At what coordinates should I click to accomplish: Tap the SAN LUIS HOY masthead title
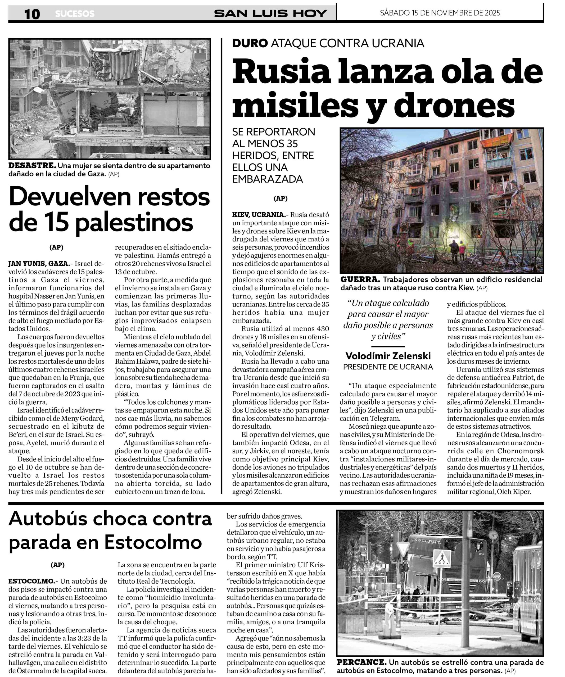coord(270,13)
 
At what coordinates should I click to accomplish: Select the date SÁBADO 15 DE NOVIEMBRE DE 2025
coord(440,13)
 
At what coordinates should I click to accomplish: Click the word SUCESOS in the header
coord(75,14)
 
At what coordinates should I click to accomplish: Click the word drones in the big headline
coord(454,106)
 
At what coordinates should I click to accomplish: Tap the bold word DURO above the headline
coord(250,43)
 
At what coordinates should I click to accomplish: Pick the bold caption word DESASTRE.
coord(32,166)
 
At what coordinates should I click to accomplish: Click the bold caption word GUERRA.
coord(360,280)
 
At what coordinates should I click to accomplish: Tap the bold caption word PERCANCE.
coord(361,662)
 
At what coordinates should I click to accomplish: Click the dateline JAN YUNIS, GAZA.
coord(39,264)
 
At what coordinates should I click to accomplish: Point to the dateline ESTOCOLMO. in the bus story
coord(31,581)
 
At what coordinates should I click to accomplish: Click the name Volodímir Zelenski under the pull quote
coord(388,356)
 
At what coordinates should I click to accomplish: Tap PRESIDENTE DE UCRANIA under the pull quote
coord(388,367)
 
